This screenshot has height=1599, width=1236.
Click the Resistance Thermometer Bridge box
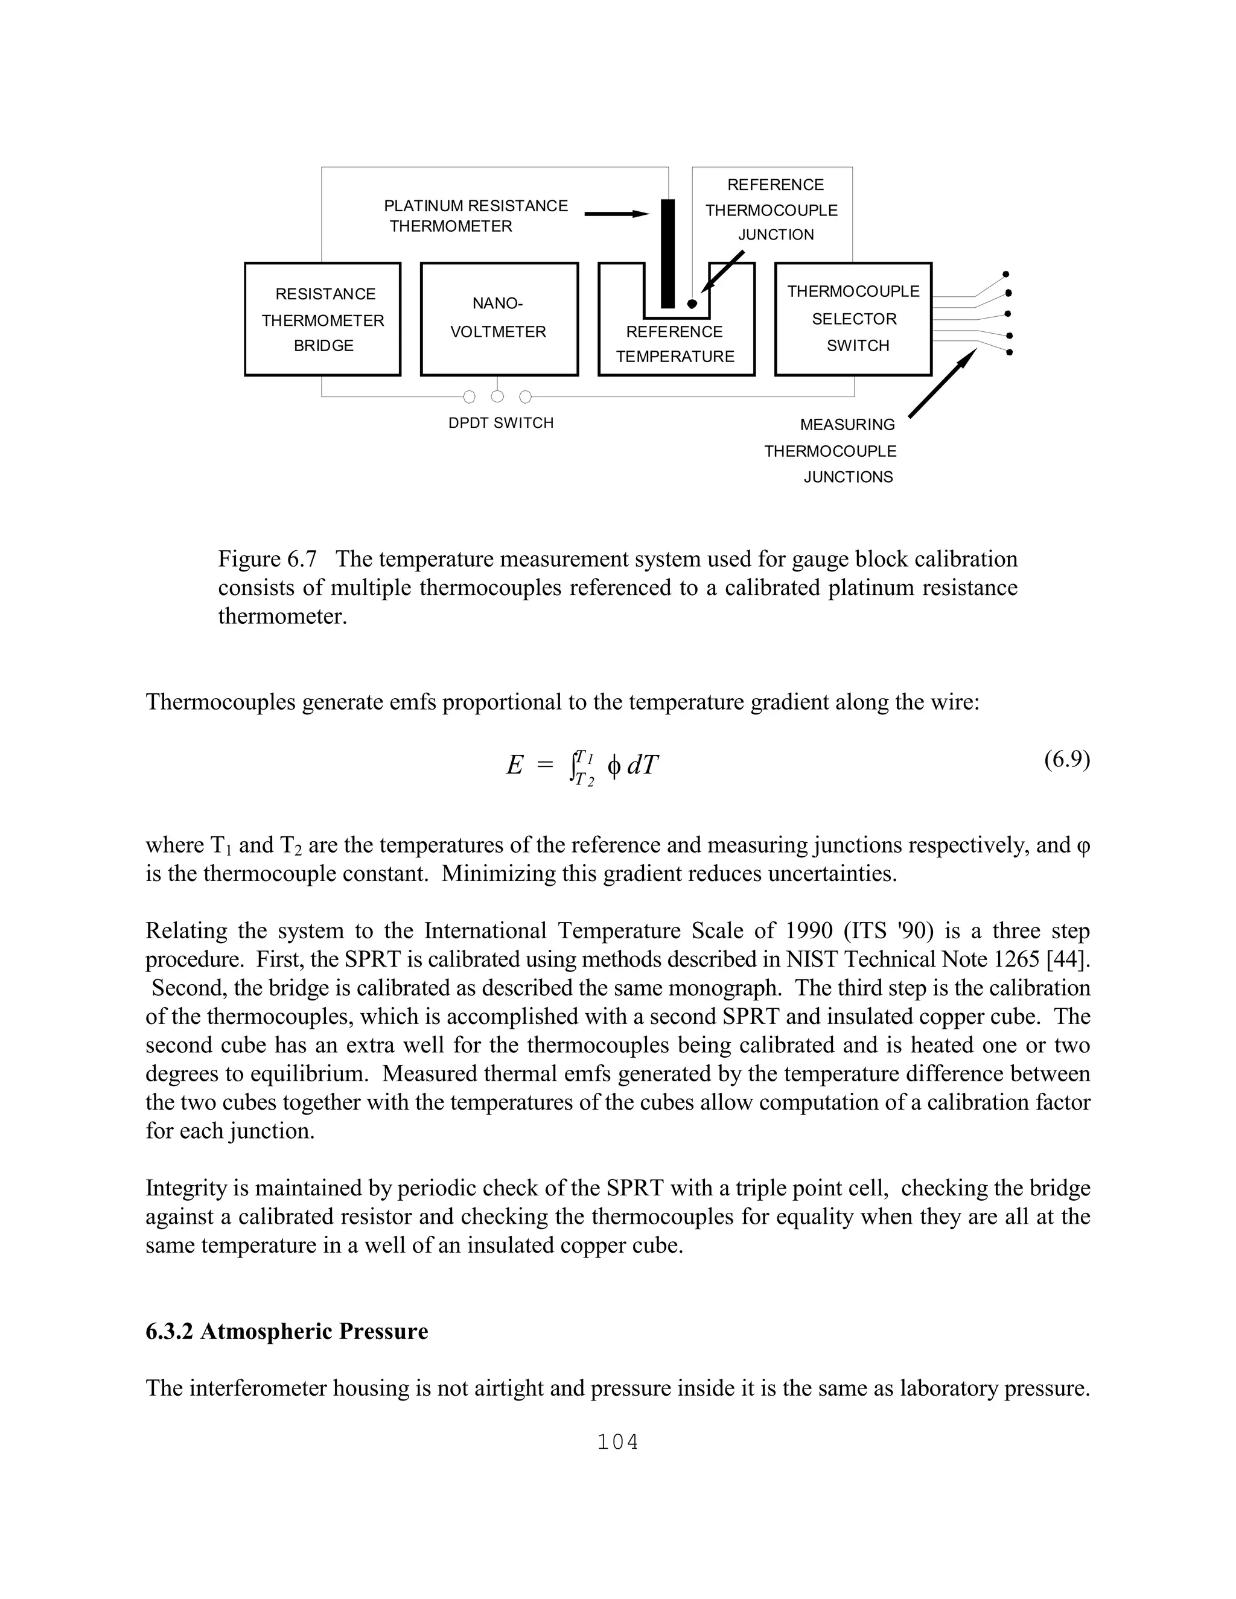(x=322, y=319)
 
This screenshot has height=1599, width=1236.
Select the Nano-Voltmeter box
(x=499, y=319)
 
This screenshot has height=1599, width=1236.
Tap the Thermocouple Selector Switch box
(x=853, y=319)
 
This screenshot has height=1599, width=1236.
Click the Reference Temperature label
(x=674, y=344)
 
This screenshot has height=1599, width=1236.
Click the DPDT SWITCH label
(x=501, y=423)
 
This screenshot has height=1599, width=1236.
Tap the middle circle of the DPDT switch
(x=497, y=397)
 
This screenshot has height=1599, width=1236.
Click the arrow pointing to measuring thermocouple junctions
(x=941, y=384)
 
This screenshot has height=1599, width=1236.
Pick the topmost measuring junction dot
(x=1006, y=275)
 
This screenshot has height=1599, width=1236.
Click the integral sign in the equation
(x=573, y=766)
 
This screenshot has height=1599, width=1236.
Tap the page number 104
(x=617, y=1442)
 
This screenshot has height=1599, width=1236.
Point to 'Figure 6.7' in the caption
(x=267, y=559)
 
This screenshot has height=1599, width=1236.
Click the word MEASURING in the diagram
(x=847, y=425)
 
